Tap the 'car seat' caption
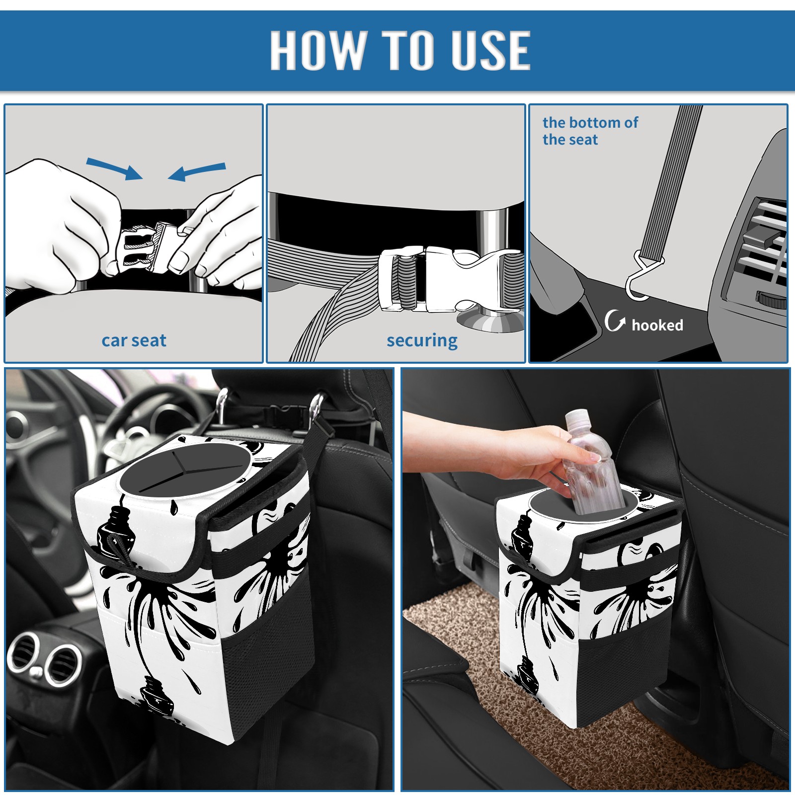click(134, 340)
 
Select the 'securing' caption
click(422, 341)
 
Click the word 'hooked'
click(657, 325)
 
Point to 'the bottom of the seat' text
click(590, 131)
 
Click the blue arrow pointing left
click(197, 171)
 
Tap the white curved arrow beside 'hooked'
click(615, 320)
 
